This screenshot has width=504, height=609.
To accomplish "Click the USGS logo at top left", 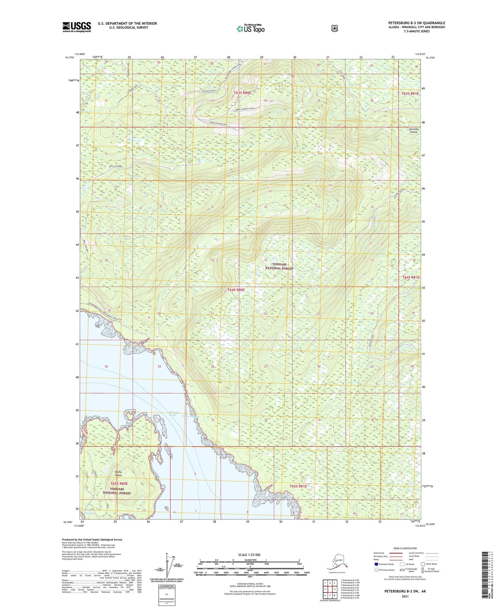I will click(x=77, y=27).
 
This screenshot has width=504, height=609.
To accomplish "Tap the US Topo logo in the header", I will click(x=250, y=28).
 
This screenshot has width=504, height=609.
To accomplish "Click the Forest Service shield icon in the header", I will click(x=334, y=28).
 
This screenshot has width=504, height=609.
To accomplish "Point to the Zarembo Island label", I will click(x=414, y=130).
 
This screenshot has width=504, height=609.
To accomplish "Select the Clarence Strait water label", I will click(x=174, y=414).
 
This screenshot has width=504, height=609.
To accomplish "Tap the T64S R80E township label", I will click(x=236, y=290).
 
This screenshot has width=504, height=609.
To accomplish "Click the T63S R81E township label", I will click(x=410, y=93).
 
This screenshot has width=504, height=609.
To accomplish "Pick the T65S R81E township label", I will click(x=298, y=486).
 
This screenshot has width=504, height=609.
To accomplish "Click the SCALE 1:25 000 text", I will click(x=249, y=555).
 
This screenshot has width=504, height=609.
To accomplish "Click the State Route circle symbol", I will click(x=423, y=564).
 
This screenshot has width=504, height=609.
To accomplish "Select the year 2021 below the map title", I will click(x=405, y=596).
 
